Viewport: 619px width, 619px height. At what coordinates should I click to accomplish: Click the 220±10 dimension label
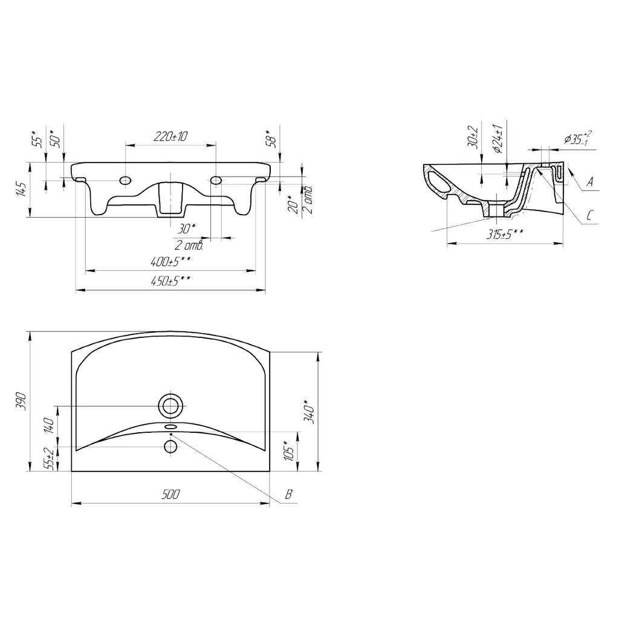170,137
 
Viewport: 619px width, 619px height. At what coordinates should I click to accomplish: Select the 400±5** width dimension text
170,261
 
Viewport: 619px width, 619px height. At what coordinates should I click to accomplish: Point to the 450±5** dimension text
170,280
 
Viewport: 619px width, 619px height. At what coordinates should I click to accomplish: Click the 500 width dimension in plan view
170,494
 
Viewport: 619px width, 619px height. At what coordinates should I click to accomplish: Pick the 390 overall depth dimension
22,401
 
